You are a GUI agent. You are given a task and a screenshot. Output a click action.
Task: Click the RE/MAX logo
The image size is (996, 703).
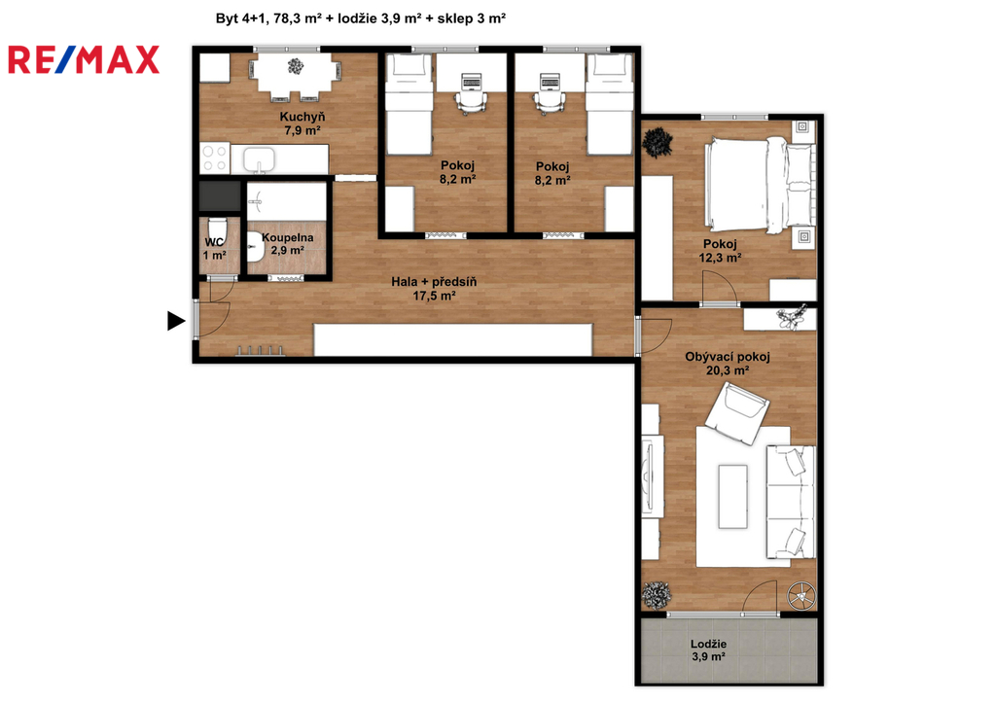pos(84,59)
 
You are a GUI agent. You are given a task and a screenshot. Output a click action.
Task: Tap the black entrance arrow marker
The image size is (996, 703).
pos(176,321)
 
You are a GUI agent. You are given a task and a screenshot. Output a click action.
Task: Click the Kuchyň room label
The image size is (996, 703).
pos(302,117)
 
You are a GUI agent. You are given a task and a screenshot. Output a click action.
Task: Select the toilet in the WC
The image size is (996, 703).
pos(217,228)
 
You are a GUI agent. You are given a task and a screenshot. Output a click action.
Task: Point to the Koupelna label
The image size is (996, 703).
pos(287,237)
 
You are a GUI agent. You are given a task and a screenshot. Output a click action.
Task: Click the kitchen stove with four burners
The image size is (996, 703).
pos(215,158)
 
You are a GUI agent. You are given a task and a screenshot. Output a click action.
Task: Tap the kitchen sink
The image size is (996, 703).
pos(259,159)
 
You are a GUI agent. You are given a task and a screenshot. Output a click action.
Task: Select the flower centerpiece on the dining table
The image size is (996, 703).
pos(296,66)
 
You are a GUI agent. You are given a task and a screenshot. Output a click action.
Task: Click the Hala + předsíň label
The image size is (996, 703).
pos(434,281)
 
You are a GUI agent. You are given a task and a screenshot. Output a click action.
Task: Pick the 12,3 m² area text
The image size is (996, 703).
pos(721,258)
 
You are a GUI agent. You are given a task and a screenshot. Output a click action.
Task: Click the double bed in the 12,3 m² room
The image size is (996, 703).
pos(760,186)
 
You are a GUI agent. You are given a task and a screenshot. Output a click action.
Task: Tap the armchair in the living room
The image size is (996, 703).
pos(737,414)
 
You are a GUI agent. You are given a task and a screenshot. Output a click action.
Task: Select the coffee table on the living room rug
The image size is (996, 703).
pos(733,497)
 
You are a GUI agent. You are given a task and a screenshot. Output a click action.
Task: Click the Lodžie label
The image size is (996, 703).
pos(709,644)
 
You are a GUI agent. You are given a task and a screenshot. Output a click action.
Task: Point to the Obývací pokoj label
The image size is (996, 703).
pos(728,357)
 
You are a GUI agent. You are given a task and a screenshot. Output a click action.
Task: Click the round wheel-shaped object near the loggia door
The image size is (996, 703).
pos(801,596)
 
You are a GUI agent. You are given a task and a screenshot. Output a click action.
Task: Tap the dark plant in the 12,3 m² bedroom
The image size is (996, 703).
pos(658,143)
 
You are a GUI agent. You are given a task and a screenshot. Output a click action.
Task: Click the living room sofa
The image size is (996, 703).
pos(791,502)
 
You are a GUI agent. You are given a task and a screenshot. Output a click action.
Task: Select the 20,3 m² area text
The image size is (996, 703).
pos(728,370)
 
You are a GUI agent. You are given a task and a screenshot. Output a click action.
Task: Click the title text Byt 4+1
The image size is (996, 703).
pos(241,18)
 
